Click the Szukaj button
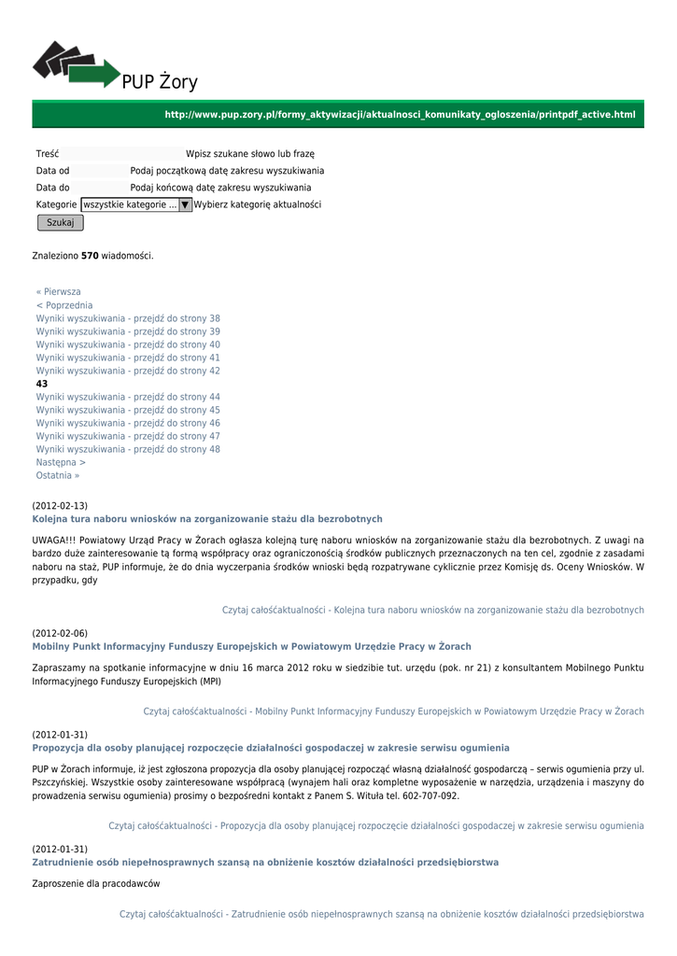(x=60, y=222)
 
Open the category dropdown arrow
(x=185, y=204)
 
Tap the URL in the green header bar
(x=400, y=114)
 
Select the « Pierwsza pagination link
(x=59, y=292)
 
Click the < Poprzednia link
(x=64, y=305)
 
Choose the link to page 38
(x=128, y=318)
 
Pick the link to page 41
(x=128, y=358)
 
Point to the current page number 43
(x=42, y=384)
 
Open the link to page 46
(x=128, y=423)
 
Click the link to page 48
(x=128, y=449)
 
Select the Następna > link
(x=61, y=462)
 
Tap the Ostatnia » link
(x=58, y=475)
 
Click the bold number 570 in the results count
(x=90, y=255)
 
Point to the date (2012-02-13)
(x=60, y=505)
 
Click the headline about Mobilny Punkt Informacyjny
(x=251, y=646)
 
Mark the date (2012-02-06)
(x=60, y=633)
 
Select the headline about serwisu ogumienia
(x=271, y=748)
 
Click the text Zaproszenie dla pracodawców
(x=96, y=883)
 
